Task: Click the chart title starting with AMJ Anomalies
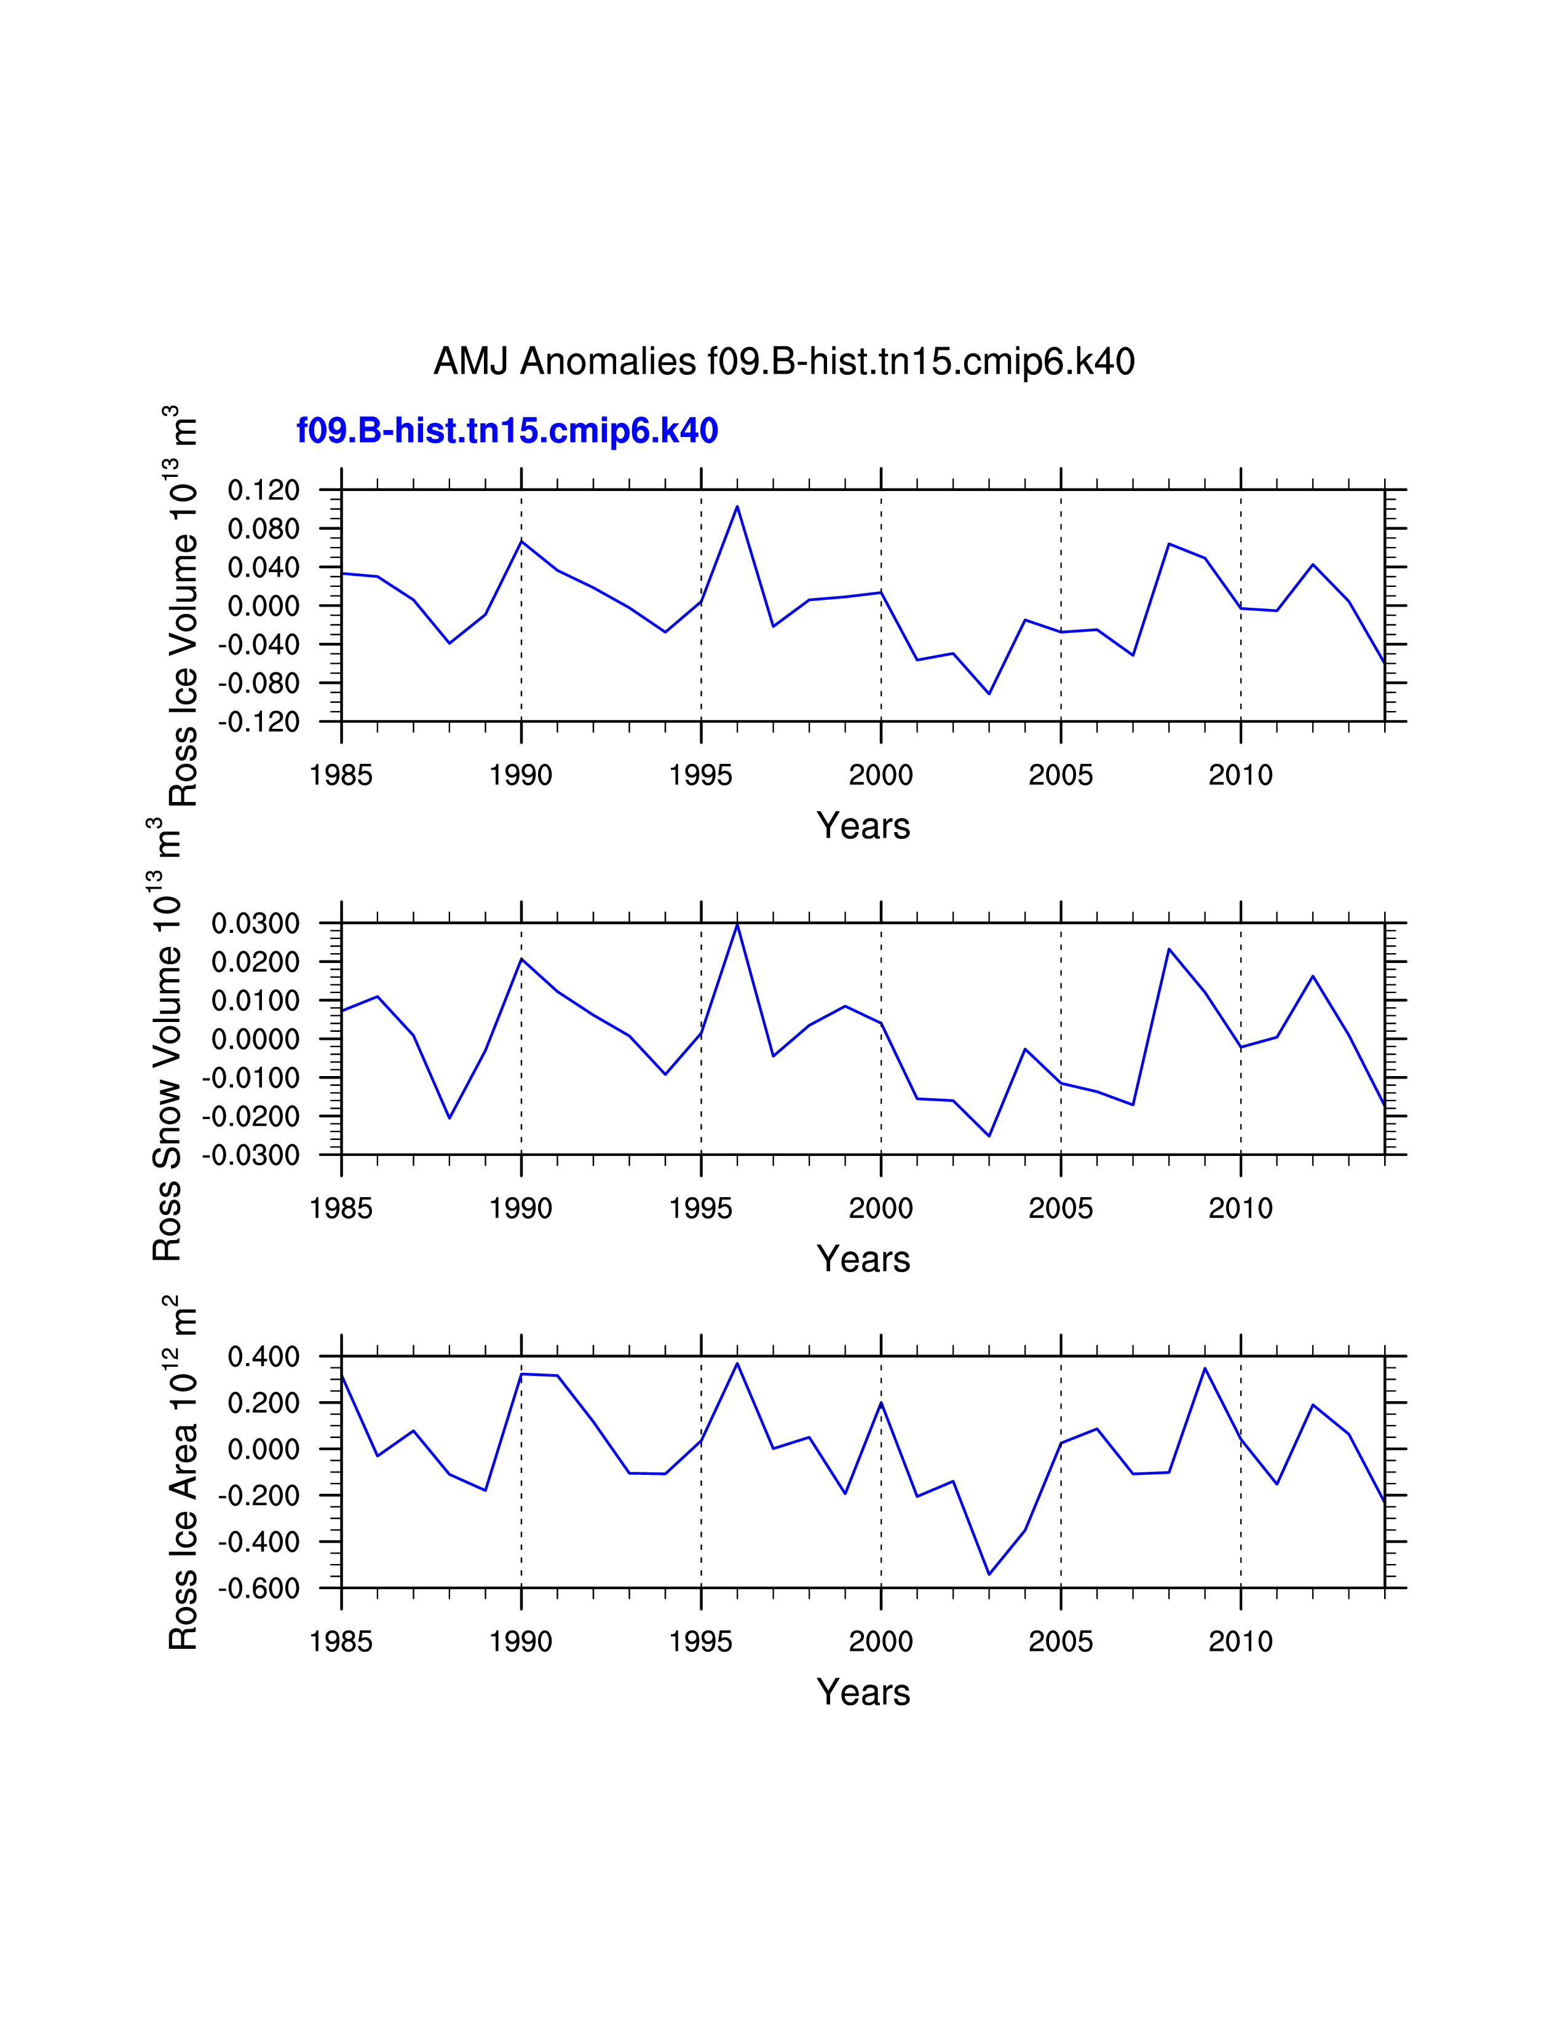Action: [x=784, y=361]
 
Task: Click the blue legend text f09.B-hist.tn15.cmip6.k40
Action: [x=507, y=431]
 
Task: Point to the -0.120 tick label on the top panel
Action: [x=258, y=723]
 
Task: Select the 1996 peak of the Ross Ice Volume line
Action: [x=737, y=507]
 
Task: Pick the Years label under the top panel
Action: [x=863, y=825]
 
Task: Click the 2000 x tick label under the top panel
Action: [x=881, y=774]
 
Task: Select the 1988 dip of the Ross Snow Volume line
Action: [x=449, y=1117]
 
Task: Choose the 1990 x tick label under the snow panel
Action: [x=521, y=1208]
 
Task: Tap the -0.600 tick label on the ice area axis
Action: [x=258, y=1589]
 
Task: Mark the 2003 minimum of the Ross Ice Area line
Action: [x=989, y=1574]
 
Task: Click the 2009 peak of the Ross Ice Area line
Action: [x=1205, y=1368]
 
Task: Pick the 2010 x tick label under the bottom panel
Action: [x=1240, y=1641]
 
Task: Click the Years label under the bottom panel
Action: [x=863, y=1693]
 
